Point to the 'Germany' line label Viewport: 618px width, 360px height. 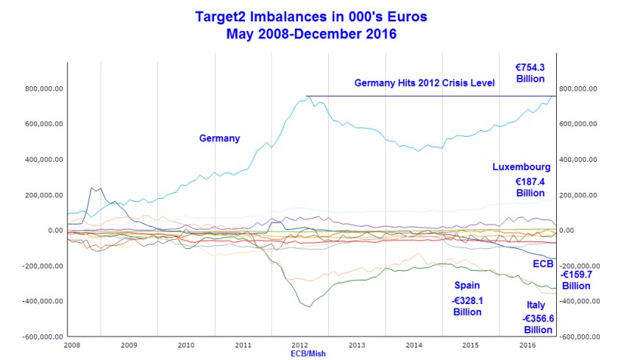(219, 138)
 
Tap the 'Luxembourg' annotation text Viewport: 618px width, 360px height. (521, 167)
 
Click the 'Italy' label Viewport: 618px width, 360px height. (536, 304)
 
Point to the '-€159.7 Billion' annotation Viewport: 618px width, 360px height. (577, 280)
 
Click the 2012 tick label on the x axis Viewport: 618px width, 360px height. (300, 345)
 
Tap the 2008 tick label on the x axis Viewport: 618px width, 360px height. (71, 345)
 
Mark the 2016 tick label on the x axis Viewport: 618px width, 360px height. (528, 345)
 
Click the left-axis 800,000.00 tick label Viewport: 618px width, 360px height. (43, 88)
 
